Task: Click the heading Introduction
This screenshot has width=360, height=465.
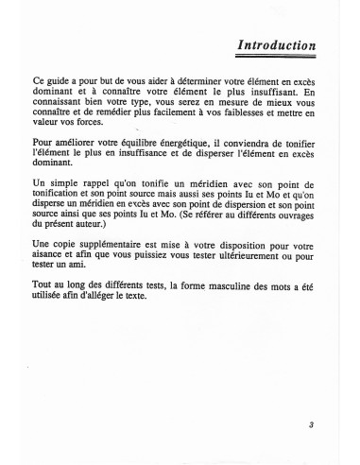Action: [x=277, y=44]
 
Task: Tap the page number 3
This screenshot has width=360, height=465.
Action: [x=311, y=425]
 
